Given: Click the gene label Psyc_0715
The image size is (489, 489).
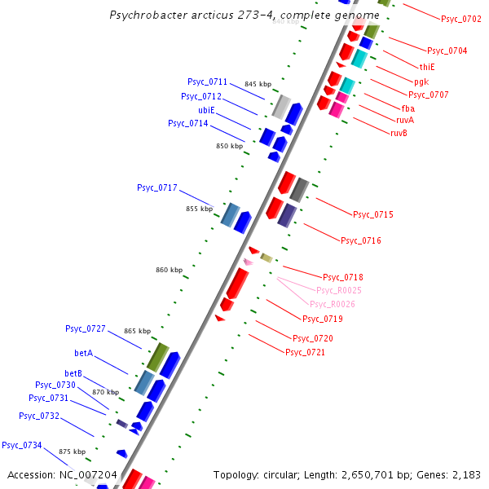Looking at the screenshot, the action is [x=372, y=214].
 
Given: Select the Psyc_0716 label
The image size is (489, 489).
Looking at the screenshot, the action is [x=360, y=240].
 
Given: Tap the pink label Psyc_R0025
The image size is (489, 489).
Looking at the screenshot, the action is [x=339, y=290].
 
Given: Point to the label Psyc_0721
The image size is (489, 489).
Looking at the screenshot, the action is [x=305, y=352].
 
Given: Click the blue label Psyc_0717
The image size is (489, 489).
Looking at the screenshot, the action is [x=157, y=187].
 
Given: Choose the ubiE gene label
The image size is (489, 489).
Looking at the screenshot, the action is [x=206, y=110].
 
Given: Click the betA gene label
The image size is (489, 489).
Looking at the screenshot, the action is [x=84, y=354].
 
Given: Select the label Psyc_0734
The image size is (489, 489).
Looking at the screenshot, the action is [x=22, y=445].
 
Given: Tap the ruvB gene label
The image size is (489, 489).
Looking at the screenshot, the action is [x=399, y=133].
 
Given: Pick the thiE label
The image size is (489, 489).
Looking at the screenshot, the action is [x=427, y=67].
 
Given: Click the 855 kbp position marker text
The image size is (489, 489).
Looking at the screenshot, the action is [x=199, y=209].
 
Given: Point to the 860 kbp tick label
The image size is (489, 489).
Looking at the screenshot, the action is [x=170, y=270].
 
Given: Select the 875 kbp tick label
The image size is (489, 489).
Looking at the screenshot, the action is [x=72, y=451].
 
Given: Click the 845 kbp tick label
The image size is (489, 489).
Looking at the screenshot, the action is [x=258, y=84].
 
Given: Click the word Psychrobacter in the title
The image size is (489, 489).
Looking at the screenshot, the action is [x=144, y=15].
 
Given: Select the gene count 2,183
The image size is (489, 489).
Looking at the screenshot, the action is [x=465, y=474].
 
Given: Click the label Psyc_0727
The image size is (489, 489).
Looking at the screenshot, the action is [x=86, y=328].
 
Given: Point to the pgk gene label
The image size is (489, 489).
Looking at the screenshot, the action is [x=421, y=81].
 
